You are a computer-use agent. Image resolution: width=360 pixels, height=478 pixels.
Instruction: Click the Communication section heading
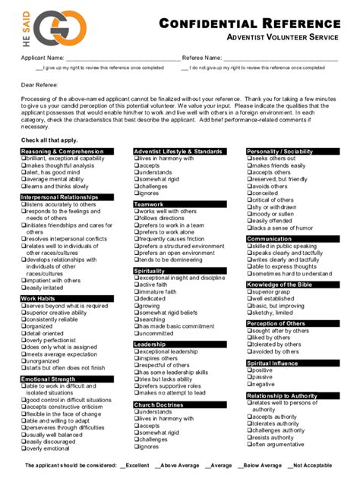pyautogui.click(x=269, y=239)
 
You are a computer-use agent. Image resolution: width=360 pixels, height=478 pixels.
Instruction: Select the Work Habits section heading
pyautogui.click(x=37, y=298)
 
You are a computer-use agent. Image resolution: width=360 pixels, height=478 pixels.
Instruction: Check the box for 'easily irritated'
pyautogui.click(x=22, y=288)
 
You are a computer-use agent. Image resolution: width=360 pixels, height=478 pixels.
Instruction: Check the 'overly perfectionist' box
pyautogui.click(x=22, y=339)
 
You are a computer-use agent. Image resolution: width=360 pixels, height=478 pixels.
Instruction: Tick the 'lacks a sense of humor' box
pyautogui.click(x=249, y=228)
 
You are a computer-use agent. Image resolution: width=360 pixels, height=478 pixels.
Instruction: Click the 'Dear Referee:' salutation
pyautogui.click(x=39, y=85)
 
